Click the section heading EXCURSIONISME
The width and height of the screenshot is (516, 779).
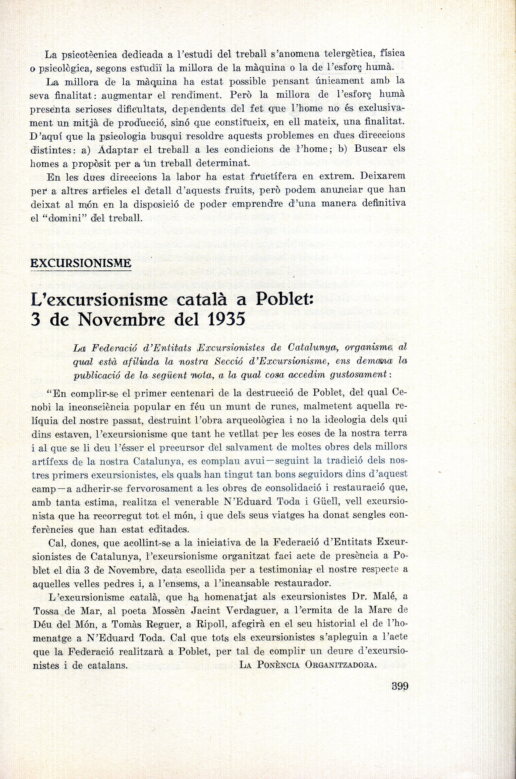click(x=81, y=263)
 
